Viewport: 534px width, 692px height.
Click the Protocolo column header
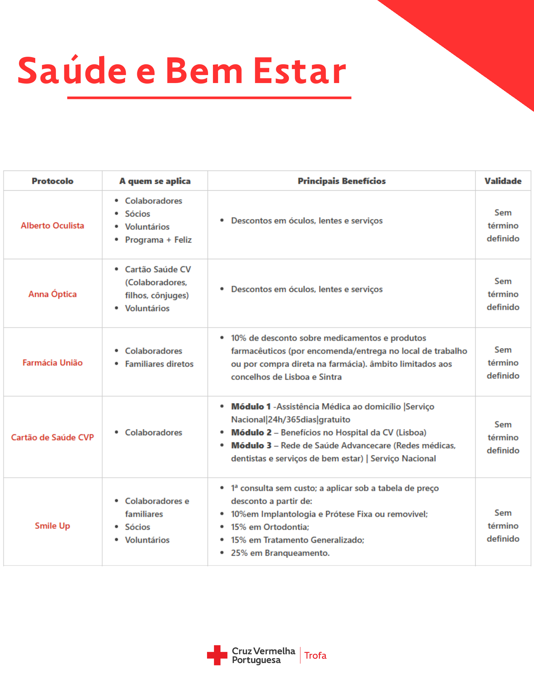53,181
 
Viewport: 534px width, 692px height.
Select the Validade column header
503,181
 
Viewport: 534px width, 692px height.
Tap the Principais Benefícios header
341,181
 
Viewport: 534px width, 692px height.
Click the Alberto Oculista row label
53,226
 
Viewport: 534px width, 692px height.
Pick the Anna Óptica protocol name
53,294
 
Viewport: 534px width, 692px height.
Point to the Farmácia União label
53,363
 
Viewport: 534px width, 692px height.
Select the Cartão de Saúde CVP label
53,437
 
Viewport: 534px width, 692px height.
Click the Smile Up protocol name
53,526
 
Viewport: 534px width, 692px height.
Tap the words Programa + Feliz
158,240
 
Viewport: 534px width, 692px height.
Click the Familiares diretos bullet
159,364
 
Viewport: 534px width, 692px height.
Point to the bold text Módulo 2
251,432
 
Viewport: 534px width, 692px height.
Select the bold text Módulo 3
251,446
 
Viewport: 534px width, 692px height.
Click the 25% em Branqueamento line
280,553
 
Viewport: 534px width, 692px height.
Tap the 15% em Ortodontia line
270,527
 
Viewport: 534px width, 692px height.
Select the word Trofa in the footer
315,656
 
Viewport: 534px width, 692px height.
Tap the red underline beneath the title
209,98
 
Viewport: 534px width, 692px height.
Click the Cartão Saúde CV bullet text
158,269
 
